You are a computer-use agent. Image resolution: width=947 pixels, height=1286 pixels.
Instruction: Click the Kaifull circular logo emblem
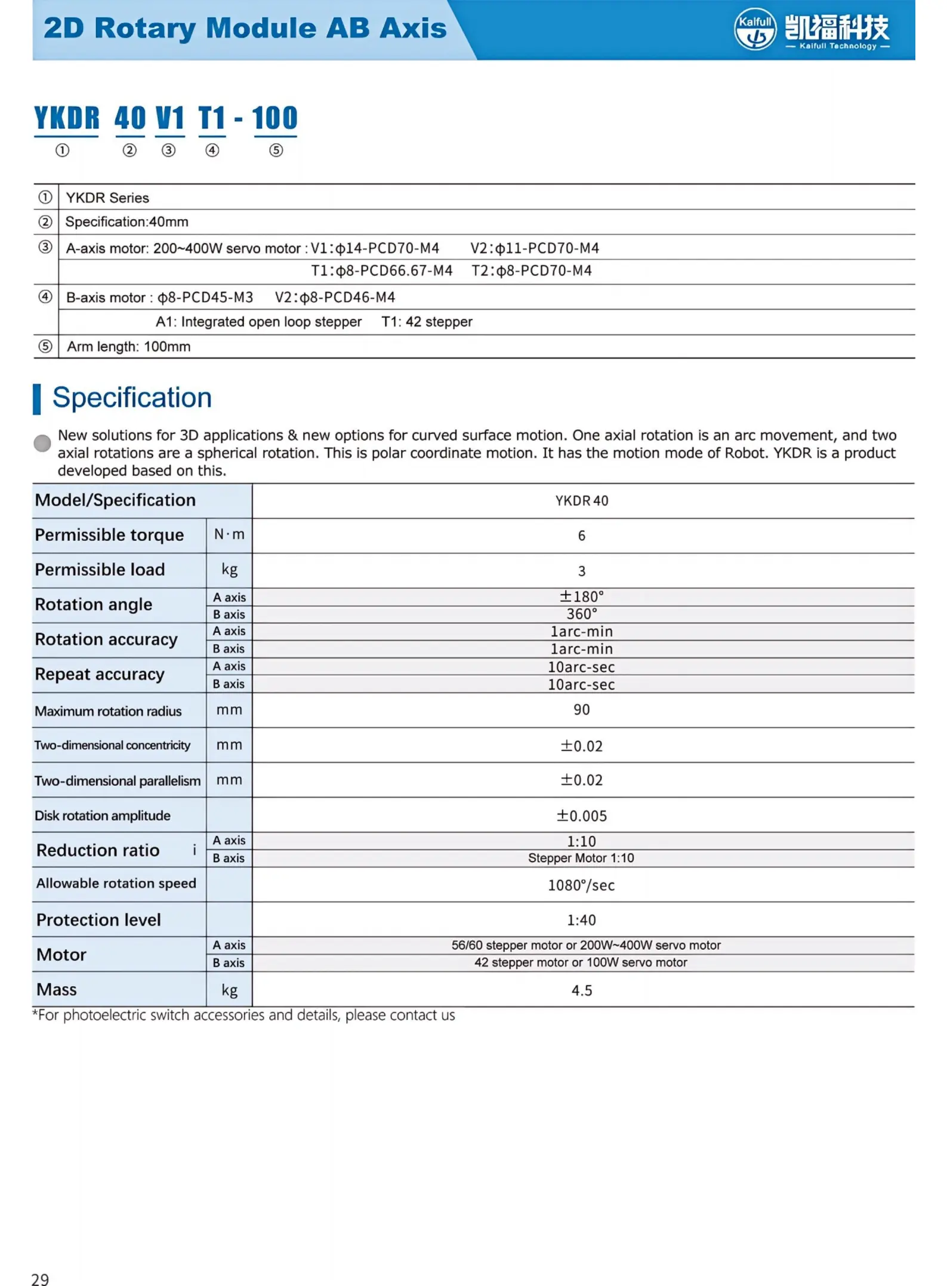(x=755, y=29)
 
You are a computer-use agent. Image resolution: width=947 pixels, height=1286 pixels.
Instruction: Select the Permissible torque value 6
(x=581, y=536)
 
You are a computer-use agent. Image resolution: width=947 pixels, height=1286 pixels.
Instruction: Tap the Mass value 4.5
(x=581, y=990)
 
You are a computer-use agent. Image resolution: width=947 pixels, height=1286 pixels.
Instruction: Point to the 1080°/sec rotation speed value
(x=581, y=885)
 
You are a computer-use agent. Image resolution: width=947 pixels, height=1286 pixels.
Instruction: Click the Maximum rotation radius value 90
(x=581, y=710)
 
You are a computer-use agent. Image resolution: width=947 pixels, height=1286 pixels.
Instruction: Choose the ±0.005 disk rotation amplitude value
(x=581, y=816)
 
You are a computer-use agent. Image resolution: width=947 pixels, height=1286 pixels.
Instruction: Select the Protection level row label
(x=98, y=919)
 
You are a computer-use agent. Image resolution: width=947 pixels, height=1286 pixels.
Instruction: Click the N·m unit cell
(x=229, y=534)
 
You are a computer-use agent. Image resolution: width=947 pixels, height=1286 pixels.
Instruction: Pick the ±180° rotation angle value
(x=581, y=596)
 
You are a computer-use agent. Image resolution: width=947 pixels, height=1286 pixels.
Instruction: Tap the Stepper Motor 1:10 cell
(x=581, y=858)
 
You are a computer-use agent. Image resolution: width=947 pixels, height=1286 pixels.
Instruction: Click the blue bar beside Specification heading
(x=37, y=399)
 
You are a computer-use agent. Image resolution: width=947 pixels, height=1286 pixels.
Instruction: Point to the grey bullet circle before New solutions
(x=42, y=443)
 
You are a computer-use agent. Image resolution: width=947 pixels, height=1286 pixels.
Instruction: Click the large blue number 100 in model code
(x=274, y=118)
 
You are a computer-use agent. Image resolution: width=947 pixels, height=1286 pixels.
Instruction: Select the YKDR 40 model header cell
(x=581, y=501)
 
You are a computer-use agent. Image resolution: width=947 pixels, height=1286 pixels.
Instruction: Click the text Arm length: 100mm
(x=128, y=347)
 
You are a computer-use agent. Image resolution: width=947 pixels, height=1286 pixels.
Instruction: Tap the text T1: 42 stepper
(x=427, y=322)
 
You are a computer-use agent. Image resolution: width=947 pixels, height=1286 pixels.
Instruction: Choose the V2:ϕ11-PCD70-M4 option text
(x=534, y=248)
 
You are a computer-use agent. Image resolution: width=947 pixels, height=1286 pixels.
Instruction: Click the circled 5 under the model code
(x=276, y=150)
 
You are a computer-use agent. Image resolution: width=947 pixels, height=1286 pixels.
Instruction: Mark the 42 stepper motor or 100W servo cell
(x=581, y=962)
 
